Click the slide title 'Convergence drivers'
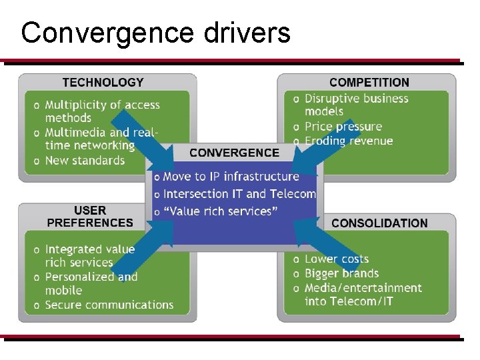[155, 32]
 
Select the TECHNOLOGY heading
[103, 83]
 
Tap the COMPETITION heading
[369, 83]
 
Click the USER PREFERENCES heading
[90, 217]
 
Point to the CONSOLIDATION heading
[379, 223]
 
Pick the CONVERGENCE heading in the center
[234, 153]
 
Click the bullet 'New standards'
[85, 161]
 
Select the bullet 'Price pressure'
[343, 127]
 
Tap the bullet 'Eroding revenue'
[349, 141]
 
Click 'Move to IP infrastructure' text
[231, 177]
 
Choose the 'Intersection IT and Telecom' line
[239, 194]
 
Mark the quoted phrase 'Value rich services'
[220, 211]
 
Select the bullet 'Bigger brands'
[341, 273]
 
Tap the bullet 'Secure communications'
[109, 305]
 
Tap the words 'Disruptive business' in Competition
[356, 99]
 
